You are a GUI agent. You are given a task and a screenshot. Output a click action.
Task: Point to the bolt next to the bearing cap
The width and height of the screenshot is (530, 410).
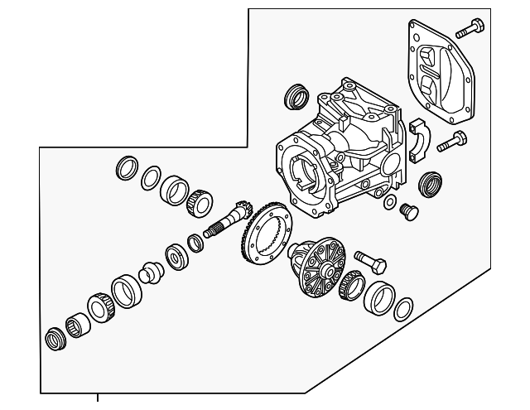point(452,142)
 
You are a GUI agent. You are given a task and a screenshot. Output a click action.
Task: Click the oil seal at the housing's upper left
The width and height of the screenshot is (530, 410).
point(295,96)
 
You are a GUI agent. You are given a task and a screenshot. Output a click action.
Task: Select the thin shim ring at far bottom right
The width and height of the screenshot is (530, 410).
point(402,309)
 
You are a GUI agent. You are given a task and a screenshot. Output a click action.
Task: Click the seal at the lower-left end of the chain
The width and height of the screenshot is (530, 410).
point(55,340)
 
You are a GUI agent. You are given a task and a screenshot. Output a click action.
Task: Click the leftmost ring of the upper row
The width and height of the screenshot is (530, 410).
point(126,167)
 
